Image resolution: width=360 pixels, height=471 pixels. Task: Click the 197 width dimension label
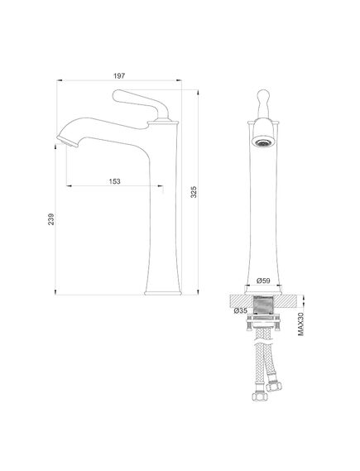point(119,75)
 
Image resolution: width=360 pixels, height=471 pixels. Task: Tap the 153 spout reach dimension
point(114,181)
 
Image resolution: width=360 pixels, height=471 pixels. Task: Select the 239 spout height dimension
point(51,219)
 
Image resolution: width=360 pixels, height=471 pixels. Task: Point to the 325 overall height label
point(194,192)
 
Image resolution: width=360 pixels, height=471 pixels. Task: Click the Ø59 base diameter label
point(263,281)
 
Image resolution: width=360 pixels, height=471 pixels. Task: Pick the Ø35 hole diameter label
point(240,310)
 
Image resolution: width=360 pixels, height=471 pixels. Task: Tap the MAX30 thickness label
point(300,324)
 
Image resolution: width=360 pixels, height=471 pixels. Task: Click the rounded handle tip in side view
point(117,95)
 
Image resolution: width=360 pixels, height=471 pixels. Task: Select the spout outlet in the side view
point(68,142)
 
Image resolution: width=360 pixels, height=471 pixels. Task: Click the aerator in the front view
point(263,142)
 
